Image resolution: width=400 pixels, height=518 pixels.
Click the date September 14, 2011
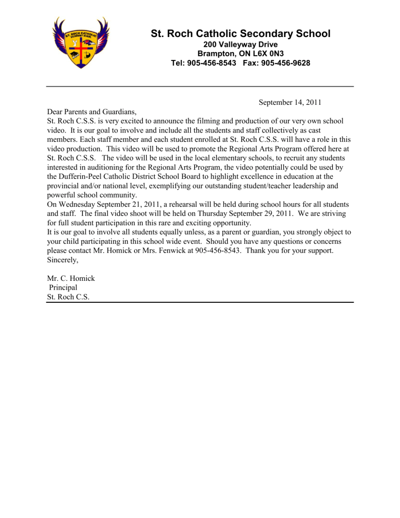pos(289,103)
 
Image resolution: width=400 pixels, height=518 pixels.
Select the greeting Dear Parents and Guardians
pos(91,112)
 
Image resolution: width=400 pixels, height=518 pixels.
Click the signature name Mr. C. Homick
pos(71,278)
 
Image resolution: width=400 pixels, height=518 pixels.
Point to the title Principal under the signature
pos(63,287)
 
